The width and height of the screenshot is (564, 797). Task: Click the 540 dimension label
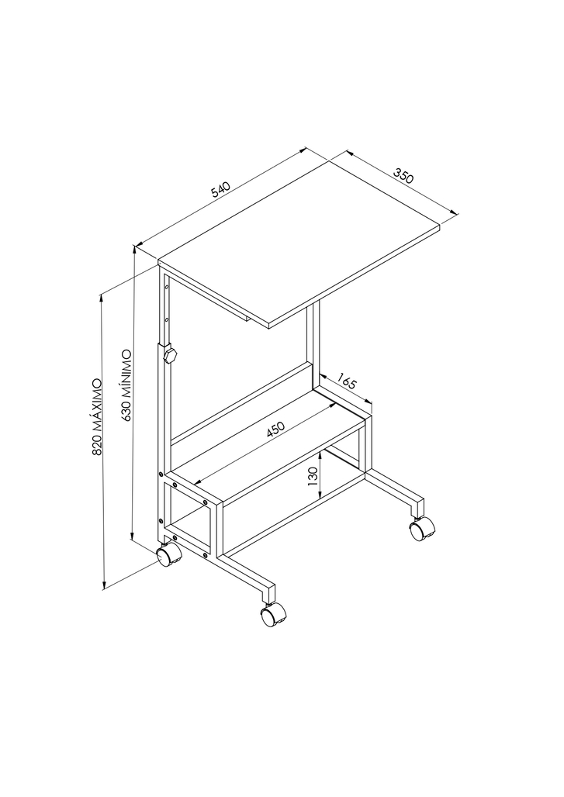[221, 189]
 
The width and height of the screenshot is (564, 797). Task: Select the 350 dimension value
[403, 176]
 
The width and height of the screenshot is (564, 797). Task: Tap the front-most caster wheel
[272, 615]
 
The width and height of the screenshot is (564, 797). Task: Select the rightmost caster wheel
[421, 529]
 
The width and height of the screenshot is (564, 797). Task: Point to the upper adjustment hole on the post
[166, 288]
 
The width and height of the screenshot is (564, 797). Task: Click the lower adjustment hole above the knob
[166, 320]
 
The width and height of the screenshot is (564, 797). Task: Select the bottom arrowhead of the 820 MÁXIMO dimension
[104, 585]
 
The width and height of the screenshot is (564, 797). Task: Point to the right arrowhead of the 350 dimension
[454, 212]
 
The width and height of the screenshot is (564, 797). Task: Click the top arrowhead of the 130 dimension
[320, 456]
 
